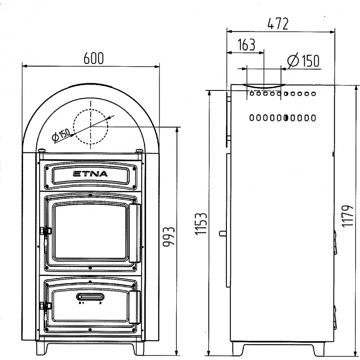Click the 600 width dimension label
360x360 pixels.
[x=94, y=58]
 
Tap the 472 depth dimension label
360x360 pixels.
[x=278, y=24]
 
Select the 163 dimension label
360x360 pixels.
[x=246, y=45]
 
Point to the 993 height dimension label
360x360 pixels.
[x=169, y=237]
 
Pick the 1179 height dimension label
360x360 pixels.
[x=347, y=216]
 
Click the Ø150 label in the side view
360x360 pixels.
[x=303, y=60]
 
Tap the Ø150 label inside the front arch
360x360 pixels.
[x=61, y=135]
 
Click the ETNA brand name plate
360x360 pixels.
[x=90, y=176]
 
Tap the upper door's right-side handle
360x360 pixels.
[x=135, y=233]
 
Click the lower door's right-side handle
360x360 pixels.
[x=135, y=307]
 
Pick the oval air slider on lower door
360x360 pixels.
[x=90, y=297]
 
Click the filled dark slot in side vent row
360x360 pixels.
[x=286, y=118]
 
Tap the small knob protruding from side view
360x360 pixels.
[x=223, y=233]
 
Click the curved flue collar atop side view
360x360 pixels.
[x=264, y=86]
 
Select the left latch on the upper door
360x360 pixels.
[x=46, y=231]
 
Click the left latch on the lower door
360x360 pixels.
[x=46, y=306]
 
